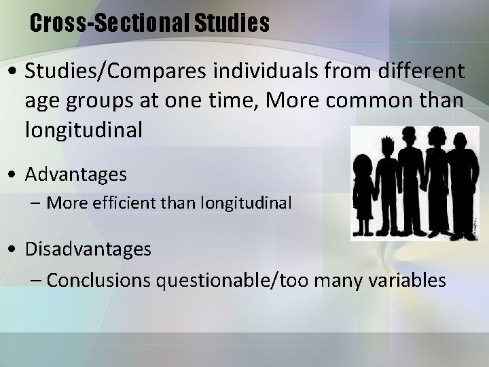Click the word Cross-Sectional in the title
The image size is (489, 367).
click(x=110, y=24)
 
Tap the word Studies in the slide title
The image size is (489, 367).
click(x=232, y=24)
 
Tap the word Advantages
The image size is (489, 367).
click(x=76, y=175)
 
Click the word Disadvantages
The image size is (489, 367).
click(x=88, y=249)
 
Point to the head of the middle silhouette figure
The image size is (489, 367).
click(x=410, y=139)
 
